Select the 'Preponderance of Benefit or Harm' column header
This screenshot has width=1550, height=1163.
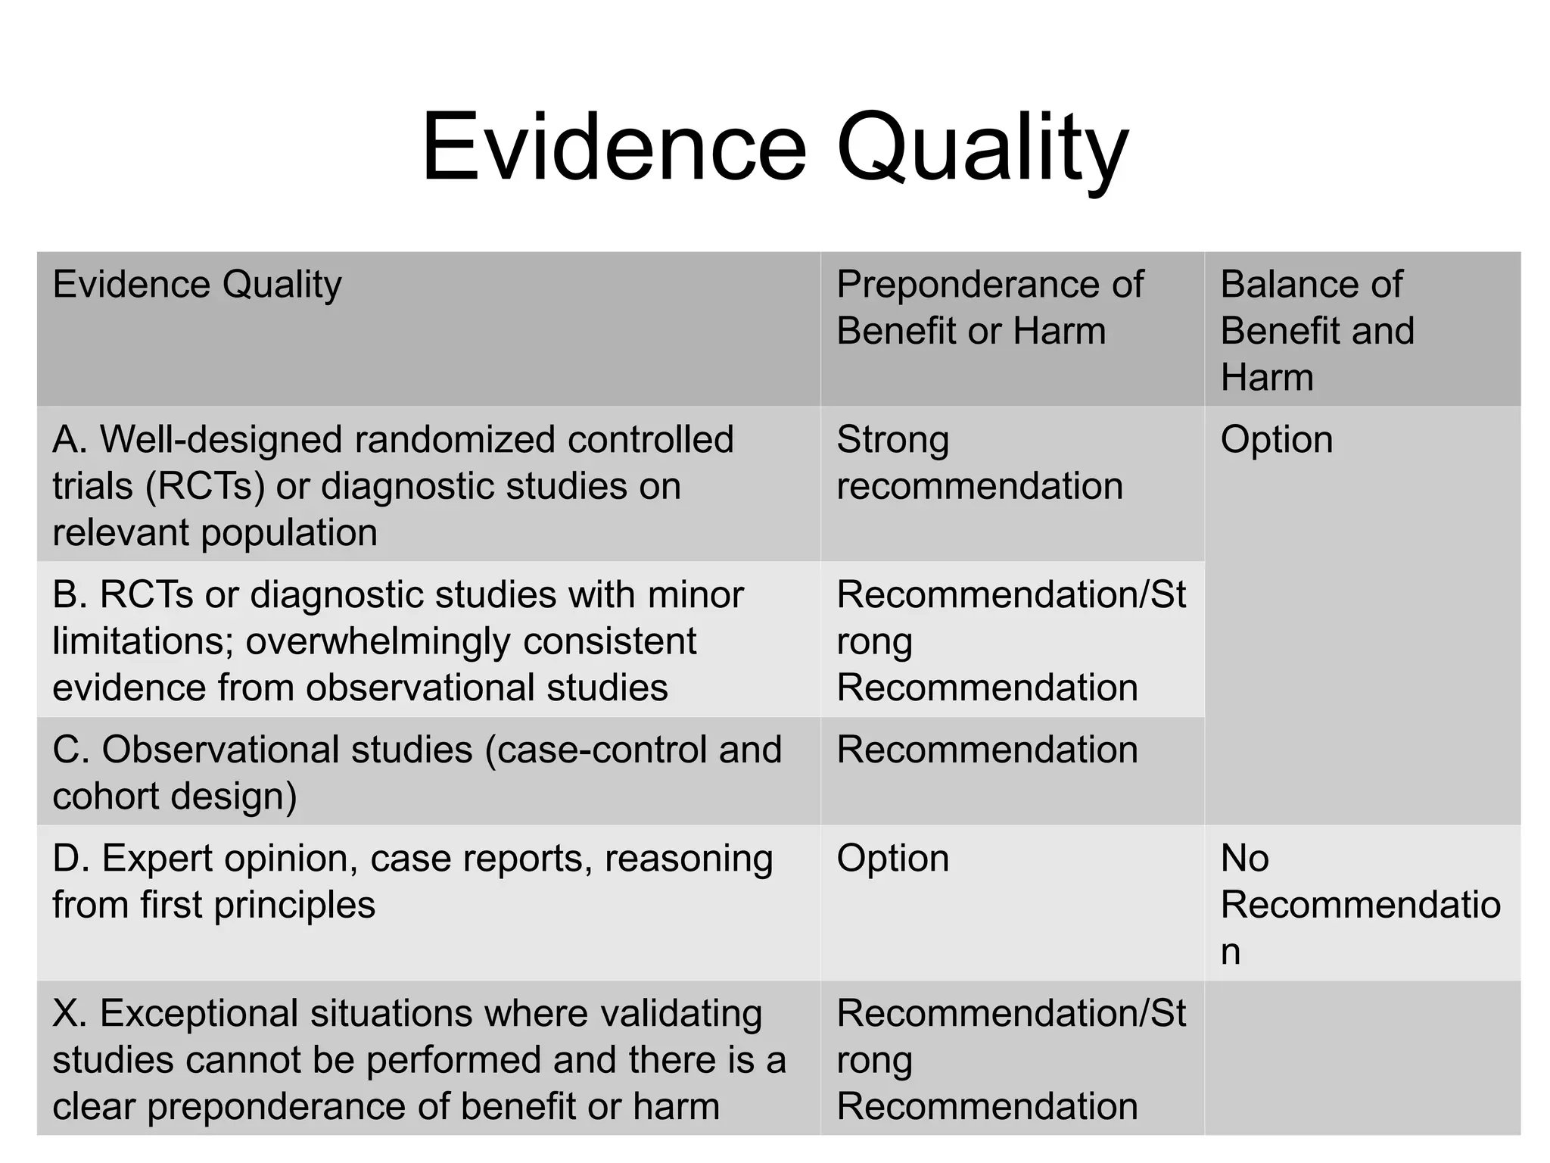pyautogui.click(x=989, y=307)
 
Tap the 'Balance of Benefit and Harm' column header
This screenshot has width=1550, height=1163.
pyautogui.click(x=1317, y=330)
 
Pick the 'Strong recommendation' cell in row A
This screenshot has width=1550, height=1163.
pyautogui.click(x=979, y=463)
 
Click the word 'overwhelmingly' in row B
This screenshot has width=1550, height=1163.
pyautogui.click(x=378, y=642)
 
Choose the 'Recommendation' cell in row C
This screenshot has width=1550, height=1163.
pyautogui.click(x=987, y=750)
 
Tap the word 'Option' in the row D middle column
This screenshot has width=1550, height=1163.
pyautogui.click(x=892, y=859)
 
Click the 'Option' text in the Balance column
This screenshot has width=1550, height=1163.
pyautogui.click(x=1276, y=439)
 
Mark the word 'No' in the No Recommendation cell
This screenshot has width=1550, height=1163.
pyautogui.click(x=1244, y=859)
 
